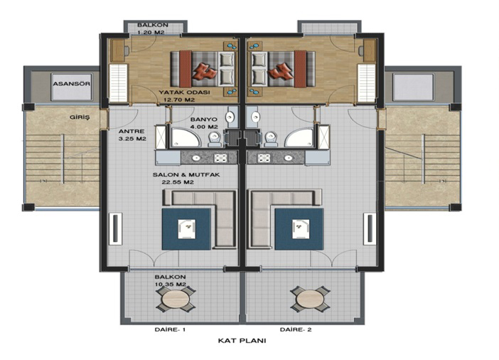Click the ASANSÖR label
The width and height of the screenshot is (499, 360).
click(x=72, y=84)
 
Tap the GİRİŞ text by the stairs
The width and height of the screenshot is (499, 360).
click(x=80, y=117)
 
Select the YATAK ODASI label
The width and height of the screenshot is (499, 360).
click(x=184, y=92)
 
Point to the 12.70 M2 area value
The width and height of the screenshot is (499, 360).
click(x=179, y=100)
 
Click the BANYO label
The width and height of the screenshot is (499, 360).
click(x=204, y=120)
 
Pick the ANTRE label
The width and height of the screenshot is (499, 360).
click(x=132, y=131)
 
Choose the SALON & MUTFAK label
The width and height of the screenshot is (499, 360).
click(x=186, y=175)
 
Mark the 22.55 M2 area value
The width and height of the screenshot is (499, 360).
click(x=178, y=183)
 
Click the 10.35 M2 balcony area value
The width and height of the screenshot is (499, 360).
click(x=171, y=285)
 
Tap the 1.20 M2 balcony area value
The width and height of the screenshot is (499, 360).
click(x=151, y=32)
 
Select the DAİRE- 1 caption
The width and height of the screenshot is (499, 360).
click(x=170, y=329)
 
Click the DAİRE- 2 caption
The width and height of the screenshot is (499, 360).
click(x=296, y=329)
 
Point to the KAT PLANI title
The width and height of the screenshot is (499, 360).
click(x=242, y=341)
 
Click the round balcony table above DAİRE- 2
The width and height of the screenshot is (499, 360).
click(x=310, y=299)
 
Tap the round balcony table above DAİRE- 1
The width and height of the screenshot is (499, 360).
click(x=176, y=299)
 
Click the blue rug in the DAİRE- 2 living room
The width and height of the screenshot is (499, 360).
click(x=299, y=229)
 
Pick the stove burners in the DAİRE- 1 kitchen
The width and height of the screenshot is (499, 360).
click(x=220, y=158)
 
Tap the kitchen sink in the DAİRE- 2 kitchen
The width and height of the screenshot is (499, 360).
click(x=289, y=158)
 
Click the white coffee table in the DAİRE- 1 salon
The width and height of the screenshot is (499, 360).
click(x=187, y=229)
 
